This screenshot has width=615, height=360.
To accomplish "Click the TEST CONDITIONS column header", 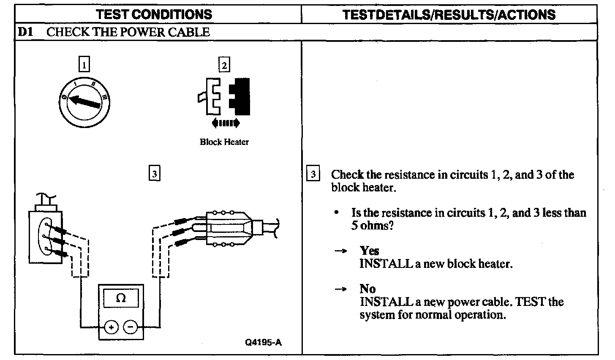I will coord(154,14).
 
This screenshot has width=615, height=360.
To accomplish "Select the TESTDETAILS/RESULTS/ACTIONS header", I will coord(449,14).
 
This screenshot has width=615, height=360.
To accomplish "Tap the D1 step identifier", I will coord(25,32).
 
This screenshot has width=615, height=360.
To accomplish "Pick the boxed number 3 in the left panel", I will coord(155,173).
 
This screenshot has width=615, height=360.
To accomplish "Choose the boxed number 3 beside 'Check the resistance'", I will coord(313,174).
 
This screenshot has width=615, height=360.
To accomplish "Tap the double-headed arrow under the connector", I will coord(225,123).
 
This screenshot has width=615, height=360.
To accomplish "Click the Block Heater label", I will coord(224,142).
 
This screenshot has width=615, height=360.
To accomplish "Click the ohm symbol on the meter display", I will coord(121,298).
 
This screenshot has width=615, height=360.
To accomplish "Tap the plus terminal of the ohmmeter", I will coord(111,327).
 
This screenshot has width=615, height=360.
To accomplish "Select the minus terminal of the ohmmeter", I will coord(130,327).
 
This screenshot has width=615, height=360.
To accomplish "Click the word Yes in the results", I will coord(369,251).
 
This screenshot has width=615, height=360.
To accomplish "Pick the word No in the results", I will coord(367,289).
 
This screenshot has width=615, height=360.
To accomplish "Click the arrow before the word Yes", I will coord(340,251).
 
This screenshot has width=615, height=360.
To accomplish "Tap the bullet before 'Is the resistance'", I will coord(336,213).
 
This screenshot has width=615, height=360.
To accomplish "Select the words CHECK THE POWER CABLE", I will coord(128,32).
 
